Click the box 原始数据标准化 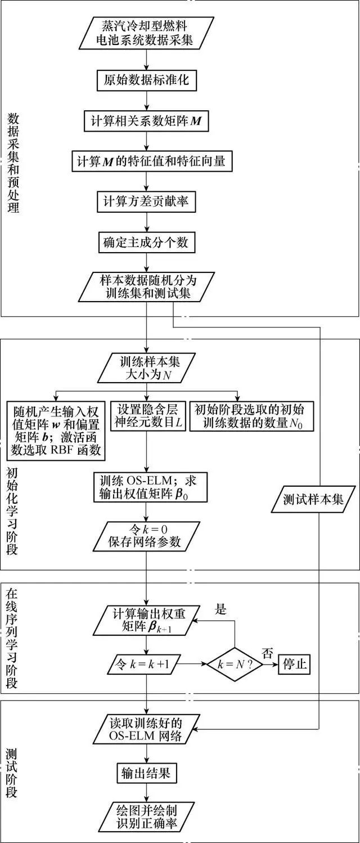[x=146, y=80]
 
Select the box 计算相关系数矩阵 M [x=146, y=120]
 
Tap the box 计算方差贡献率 [x=146, y=201]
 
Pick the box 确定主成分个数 [x=146, y=242]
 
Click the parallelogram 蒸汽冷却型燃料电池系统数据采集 [x=146, y=33]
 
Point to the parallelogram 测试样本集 [x=313, y=499]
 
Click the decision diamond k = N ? [x=235, y=664]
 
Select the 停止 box [x=294, y=663]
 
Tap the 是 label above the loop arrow [x=221, y=609]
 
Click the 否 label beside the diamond [x=267, y=653]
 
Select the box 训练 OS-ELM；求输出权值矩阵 [x=150, y=487]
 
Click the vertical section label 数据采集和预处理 [x=13, y=163]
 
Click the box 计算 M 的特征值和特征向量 [x=152, y=161]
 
